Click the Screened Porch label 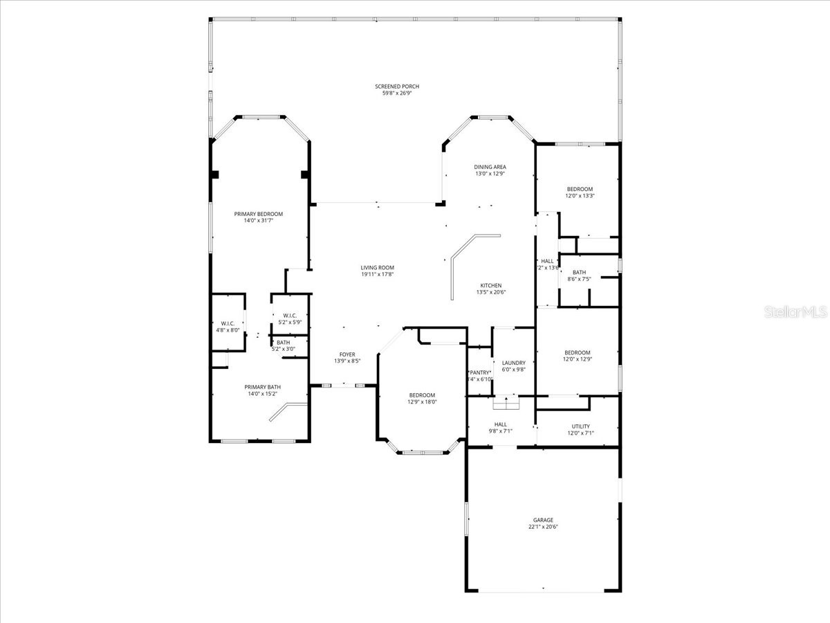coord(397,87)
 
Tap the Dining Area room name coord(490,167)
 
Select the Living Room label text coord(377,268)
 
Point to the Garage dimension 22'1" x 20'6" coord(543,527)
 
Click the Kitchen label coord(491,285)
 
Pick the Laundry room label coord(514,363)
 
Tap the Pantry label coord(480,372)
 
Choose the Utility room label coord(580,426)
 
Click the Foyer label coord(347,354)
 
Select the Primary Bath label coord(262,387)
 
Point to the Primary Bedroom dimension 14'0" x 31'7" coord(258,221)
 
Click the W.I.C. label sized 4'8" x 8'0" coord(228,323)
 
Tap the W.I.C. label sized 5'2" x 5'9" coord(289,316)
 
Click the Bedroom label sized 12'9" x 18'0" coord(421,395)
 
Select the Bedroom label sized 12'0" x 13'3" coord(580,189)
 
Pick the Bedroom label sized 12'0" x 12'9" coord(577,352)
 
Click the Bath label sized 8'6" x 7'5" coord(579,272)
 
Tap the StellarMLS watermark coord(795,313)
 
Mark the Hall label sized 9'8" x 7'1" coord(500,424)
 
